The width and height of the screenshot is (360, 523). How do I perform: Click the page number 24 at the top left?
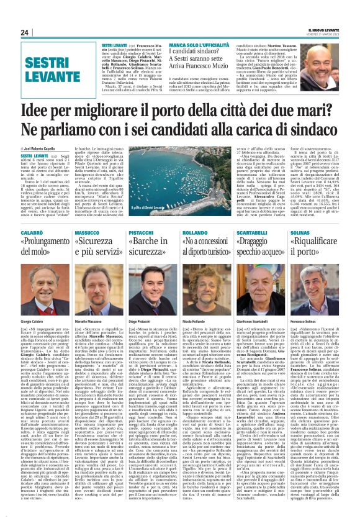25,33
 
